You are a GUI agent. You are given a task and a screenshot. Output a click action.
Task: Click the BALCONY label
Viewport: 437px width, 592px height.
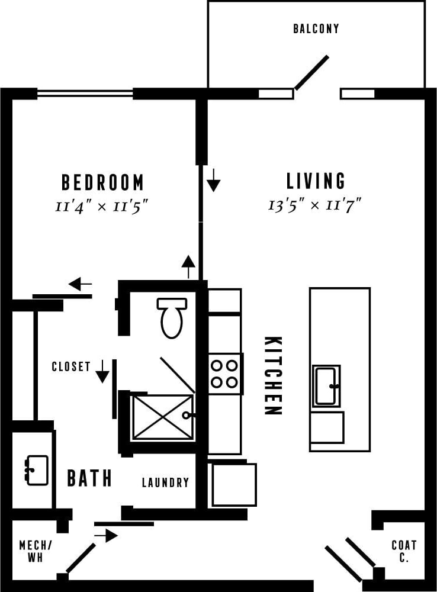click(316, 28)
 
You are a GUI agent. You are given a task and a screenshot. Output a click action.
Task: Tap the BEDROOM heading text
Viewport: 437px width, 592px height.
click(102, 182)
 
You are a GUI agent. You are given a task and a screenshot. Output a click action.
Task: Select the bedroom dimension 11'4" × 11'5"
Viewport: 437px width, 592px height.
click(101, 206)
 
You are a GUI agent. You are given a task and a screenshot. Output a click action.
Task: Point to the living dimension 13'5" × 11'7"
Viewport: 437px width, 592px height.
click(314, 205)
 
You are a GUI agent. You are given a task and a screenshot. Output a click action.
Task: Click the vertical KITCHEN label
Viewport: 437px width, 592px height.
click(272, 376)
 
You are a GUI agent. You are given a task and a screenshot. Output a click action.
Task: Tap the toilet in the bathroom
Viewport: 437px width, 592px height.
click(172, 317)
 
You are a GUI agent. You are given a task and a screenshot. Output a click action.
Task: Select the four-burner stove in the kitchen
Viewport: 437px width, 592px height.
click(225, 374)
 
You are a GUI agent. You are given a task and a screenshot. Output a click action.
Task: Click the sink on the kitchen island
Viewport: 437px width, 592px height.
click(326, 386)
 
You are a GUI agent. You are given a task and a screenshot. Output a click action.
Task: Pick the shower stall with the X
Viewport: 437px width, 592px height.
click(162, 417)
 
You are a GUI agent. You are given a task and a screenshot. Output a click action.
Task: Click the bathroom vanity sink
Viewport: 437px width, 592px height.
click(37, 470)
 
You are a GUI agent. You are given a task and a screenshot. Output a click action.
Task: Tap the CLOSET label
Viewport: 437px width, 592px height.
click(71, 366)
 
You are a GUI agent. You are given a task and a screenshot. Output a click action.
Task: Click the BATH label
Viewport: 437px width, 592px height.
click(89, 478)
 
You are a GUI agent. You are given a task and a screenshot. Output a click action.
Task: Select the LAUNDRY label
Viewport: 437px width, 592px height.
click(165, 482)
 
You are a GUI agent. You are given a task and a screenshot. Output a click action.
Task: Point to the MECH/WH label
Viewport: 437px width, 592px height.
click(35, 551)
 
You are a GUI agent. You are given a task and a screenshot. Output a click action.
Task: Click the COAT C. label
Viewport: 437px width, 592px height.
click(404, 551)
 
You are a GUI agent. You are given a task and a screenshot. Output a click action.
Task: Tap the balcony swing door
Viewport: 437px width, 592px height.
click(311, 73)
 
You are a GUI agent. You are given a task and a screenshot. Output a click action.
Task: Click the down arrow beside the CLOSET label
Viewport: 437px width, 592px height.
click(102, 371)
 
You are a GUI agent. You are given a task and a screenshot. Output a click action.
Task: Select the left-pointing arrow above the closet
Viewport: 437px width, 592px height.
click(80, 285)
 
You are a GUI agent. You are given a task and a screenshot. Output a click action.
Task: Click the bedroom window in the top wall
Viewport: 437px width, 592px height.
click(85, 93)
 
